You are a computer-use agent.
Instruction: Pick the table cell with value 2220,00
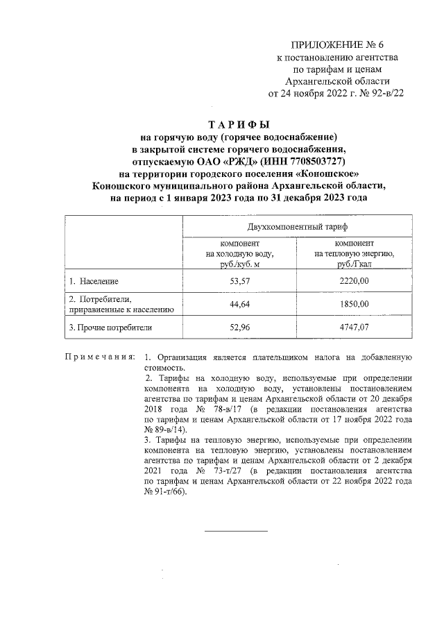click(355, 281)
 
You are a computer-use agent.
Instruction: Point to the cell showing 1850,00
click(355, 304)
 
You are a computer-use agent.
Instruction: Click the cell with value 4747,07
click(355, 327)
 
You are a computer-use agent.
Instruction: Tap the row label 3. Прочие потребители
click(110, 327)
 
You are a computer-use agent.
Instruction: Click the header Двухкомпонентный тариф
click(297, 227)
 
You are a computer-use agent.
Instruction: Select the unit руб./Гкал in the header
click(355, 264)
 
